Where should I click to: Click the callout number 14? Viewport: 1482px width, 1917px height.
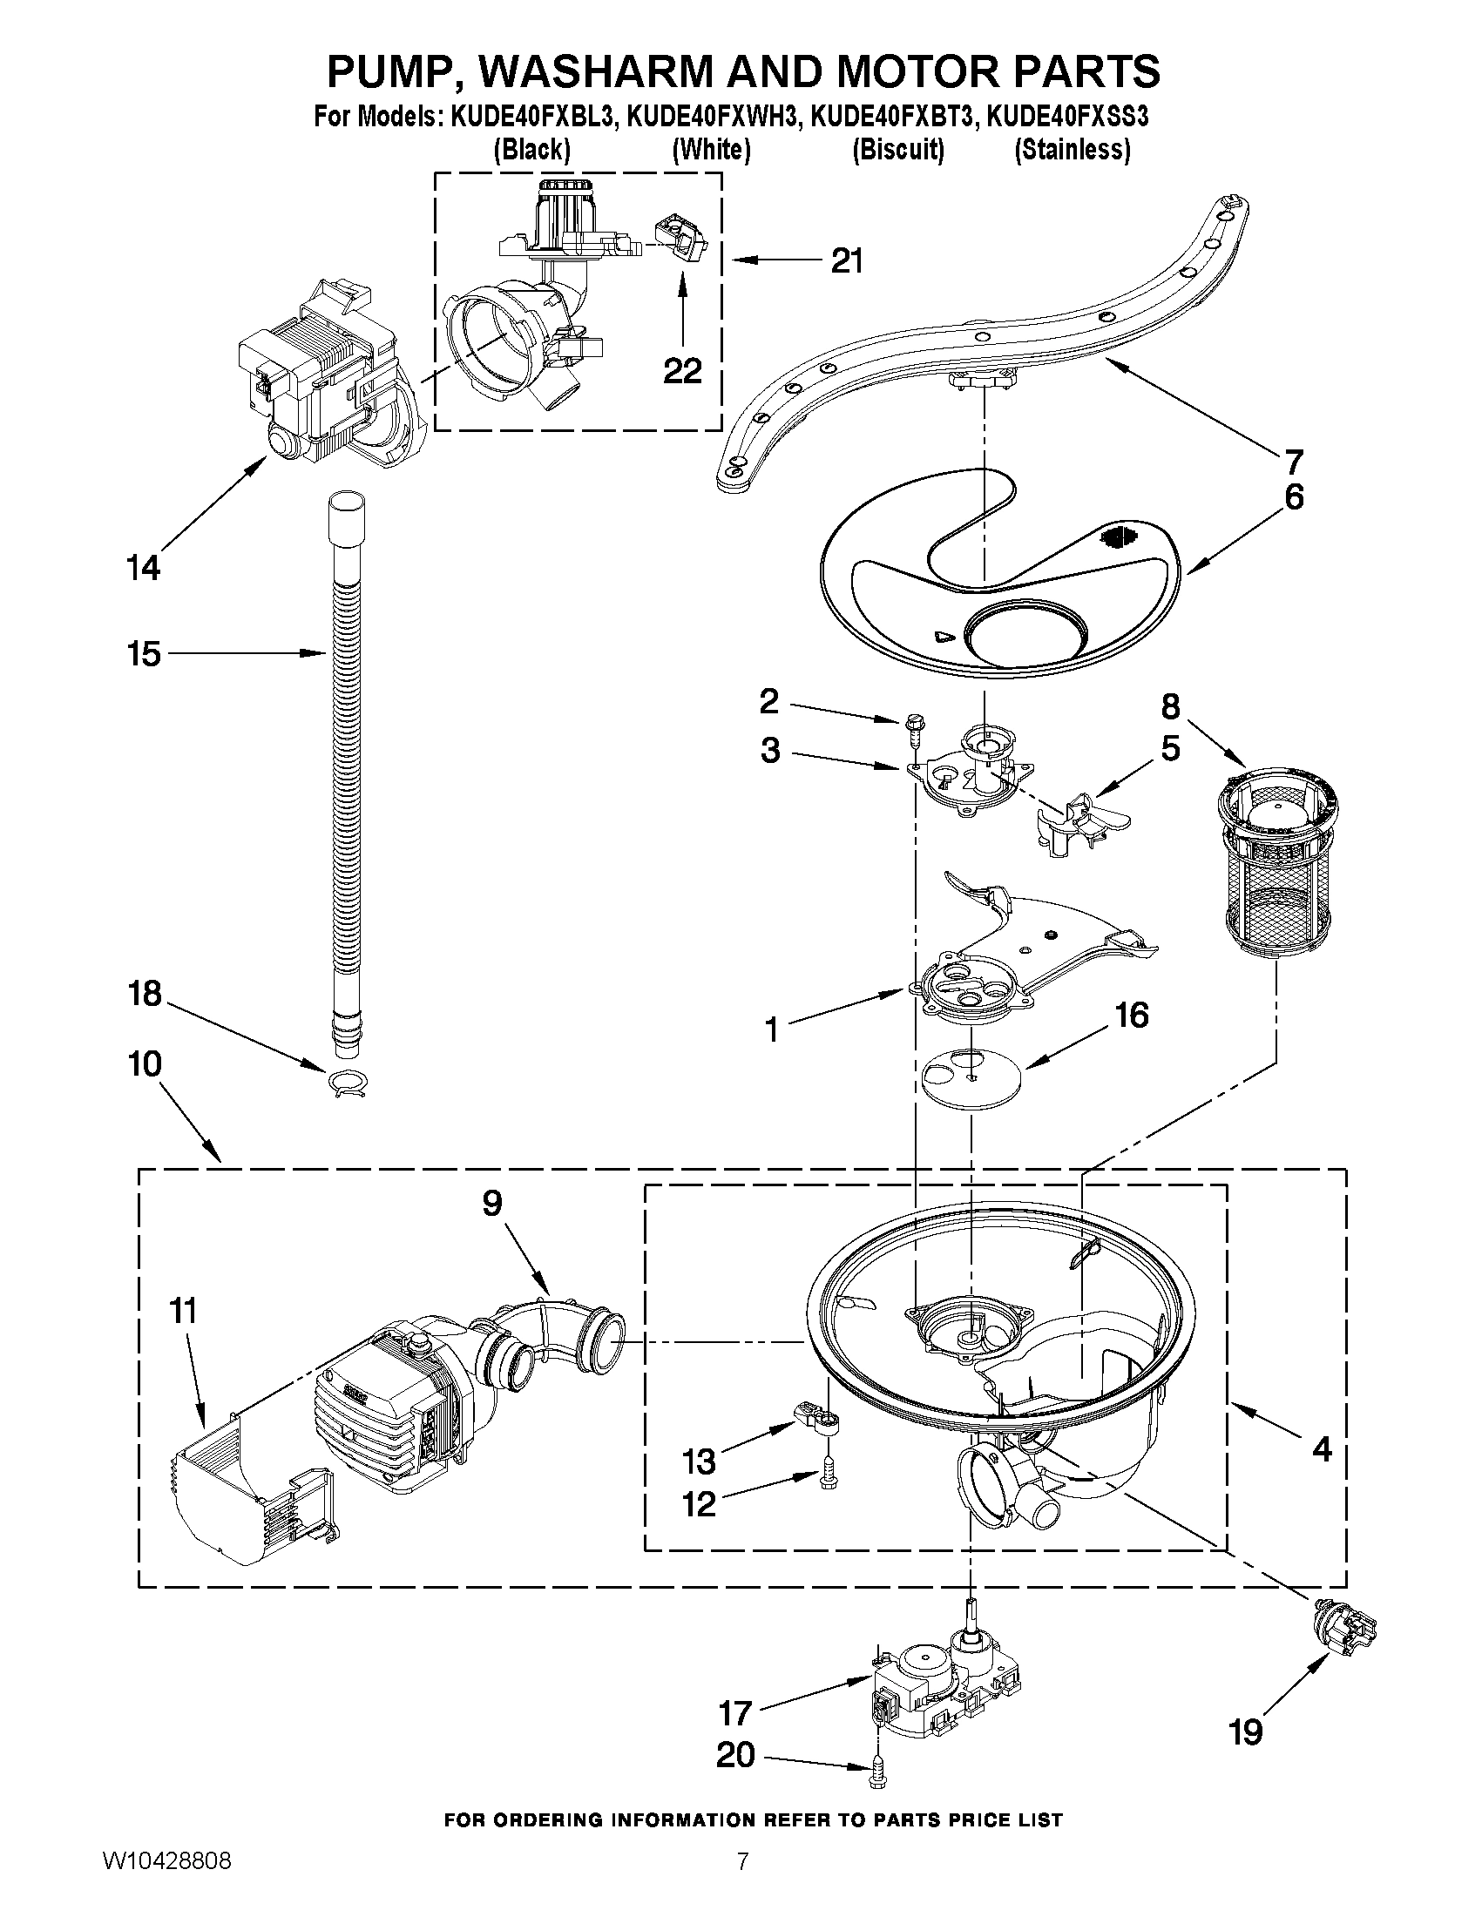(x=143, y=568)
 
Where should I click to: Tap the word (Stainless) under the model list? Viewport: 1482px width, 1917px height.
(x=1072, y=150)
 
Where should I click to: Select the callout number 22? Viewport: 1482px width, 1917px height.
(x=682, y=371)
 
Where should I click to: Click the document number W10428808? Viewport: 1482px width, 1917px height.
(x=166, y=1885)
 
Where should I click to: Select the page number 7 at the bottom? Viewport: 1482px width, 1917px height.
(x=743, y=1885)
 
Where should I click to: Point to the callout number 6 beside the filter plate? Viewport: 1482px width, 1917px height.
(x=1294, y=497)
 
